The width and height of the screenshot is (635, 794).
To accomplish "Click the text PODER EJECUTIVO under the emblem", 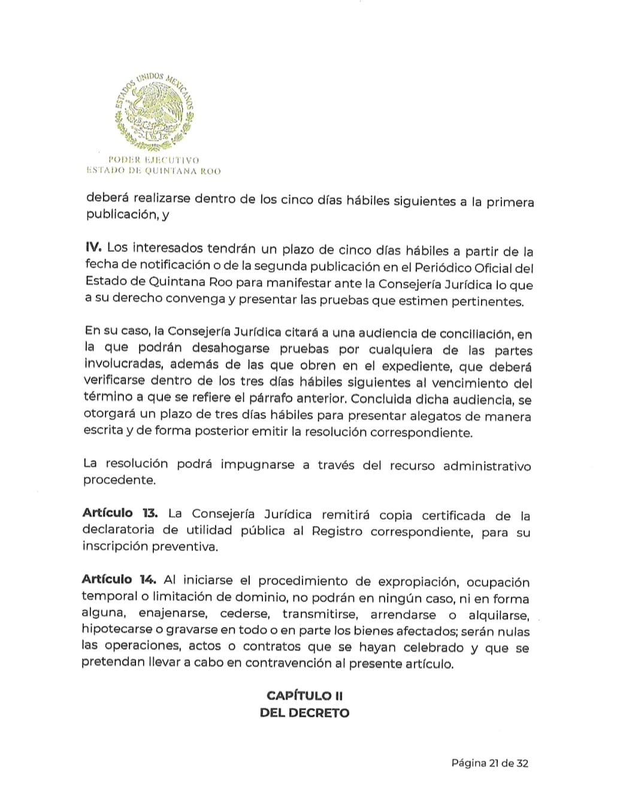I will point(153,160).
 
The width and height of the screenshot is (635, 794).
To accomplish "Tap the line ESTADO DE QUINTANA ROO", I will point(153,171).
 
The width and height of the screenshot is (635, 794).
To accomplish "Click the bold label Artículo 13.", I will point(120,513).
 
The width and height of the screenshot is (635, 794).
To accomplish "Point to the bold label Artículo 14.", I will point(119,580).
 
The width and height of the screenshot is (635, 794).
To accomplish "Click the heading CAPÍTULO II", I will point(304,695).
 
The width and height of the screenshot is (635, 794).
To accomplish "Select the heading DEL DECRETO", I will point(304,713).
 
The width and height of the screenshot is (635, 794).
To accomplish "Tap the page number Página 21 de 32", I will point(490,763).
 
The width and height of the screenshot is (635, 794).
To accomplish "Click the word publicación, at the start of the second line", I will point(122,216).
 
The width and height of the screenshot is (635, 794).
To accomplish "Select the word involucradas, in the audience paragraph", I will point(123,364).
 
